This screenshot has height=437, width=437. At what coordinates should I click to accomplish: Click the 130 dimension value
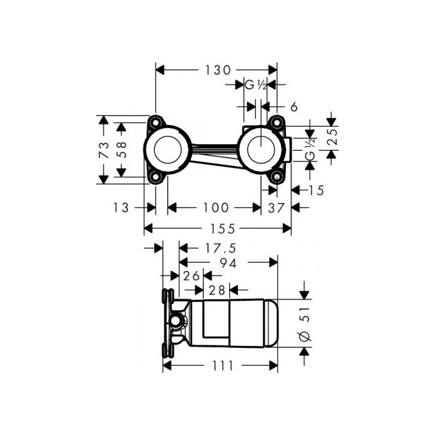218,70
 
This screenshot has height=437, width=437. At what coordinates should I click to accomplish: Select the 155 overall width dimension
222,228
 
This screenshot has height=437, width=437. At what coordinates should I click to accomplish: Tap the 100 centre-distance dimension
216,208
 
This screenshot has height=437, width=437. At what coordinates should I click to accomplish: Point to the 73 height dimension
104,150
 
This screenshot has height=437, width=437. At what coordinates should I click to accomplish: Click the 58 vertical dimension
121,150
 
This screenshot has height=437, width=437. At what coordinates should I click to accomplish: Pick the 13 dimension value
121,208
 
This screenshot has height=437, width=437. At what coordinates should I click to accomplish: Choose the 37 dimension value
277,208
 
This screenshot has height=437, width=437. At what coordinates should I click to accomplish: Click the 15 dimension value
316,190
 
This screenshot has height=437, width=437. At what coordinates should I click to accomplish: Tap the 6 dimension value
294,107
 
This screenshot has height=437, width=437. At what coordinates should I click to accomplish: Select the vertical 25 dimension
332,137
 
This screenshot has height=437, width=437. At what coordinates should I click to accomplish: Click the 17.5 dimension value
220,248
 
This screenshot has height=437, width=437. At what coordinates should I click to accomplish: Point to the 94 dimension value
228,263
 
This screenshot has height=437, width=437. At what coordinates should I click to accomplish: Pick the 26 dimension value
191,276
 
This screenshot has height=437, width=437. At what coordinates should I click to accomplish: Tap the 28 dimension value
217,290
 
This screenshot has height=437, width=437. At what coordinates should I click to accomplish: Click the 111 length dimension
223,366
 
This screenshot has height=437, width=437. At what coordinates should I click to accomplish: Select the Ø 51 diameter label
305,324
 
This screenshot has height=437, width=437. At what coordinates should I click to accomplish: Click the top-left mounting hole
155,122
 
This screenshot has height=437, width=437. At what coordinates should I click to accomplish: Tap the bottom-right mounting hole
277,177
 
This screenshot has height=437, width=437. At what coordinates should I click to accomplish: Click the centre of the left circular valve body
167,150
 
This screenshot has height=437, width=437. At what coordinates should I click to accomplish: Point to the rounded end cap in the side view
271,323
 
